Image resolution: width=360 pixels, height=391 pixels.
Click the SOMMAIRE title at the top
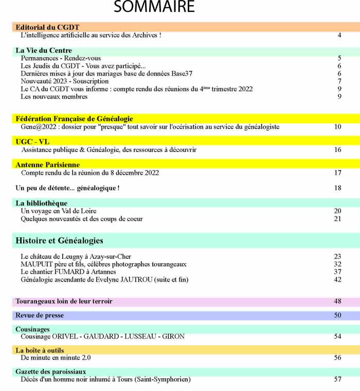point(154,7)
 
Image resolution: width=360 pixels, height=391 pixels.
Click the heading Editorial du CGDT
point(47,27)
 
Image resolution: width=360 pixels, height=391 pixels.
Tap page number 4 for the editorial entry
point(339,35)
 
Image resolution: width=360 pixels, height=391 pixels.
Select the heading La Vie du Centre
point(44,50)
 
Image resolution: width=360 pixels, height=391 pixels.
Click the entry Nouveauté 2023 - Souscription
point(64,81)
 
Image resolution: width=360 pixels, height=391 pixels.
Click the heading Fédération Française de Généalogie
point(74,119)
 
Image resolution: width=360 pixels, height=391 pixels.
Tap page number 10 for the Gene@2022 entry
point(337,126)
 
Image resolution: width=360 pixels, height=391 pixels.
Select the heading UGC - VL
point(32,142)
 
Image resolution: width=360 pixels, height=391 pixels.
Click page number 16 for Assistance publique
point(337,150)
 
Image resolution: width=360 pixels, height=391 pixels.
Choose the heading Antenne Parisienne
point(48,165)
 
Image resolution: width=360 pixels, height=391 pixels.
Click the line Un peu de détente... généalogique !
point(68,188)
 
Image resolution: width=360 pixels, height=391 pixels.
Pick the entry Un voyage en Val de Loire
point(58,211)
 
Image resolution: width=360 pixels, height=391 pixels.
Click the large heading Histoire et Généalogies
point(60,240)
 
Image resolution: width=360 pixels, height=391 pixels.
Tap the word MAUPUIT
point(37,264)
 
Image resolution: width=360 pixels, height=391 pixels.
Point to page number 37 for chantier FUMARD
point(337,272)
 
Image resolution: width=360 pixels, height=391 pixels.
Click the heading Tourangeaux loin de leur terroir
point(64,301)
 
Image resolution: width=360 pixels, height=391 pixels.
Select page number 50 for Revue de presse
point(337,315)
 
